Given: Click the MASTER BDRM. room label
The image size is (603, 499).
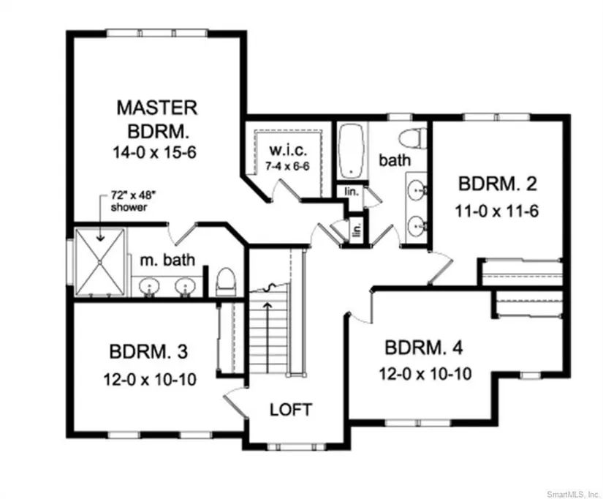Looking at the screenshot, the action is pos(157,119).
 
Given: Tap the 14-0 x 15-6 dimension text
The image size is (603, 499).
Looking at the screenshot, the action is pos(154,152).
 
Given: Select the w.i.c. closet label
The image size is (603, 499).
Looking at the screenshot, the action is pos(288,150).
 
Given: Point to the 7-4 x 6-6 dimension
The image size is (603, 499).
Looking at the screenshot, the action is pos(287,166).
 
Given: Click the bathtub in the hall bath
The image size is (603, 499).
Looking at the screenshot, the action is pos(352,151).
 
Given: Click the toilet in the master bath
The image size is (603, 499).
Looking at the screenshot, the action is pos(226,282).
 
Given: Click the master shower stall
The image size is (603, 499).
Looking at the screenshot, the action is pos(100,262).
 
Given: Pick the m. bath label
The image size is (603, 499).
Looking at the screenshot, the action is pos(167,260).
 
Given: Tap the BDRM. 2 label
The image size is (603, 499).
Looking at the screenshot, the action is pos(497,184).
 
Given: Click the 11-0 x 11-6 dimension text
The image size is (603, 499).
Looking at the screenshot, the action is pos(496,211).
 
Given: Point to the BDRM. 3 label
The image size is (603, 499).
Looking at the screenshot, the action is pos(149,351).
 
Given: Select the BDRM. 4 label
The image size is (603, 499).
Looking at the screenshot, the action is pos(424,348).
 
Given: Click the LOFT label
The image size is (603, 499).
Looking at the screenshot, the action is pos(291,410).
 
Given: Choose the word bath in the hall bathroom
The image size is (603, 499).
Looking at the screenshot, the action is pos(395,160).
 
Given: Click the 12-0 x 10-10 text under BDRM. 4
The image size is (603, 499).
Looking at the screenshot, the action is pos(425,374).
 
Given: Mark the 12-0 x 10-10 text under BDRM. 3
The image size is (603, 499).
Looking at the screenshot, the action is pos(150,379).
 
